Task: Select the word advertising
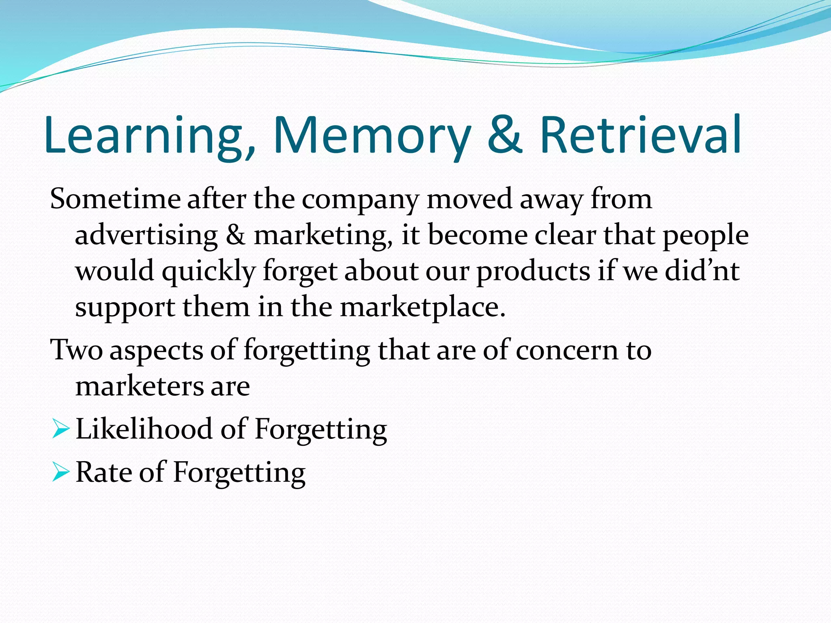click(x=146, y=236)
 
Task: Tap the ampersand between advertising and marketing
click(x=235, y=235)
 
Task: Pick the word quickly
click(x=209, y=271)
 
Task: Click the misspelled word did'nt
click(x=702, y=271)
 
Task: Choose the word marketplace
click(x=422, y=307)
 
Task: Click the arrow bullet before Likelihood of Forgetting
click(x=61, y=429)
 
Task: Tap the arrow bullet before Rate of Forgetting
click(x=61, y=473)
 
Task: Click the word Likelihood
click(x=144, y=429)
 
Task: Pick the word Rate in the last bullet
click(x=103, y=473)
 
